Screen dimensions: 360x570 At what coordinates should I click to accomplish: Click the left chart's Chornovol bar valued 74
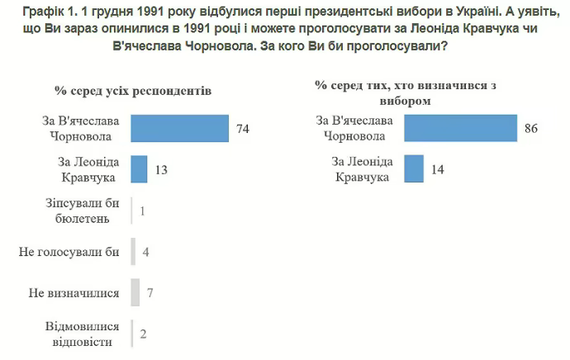[x=180, y=129]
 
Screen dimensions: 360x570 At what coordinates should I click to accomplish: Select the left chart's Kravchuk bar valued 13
[x=139, y=169]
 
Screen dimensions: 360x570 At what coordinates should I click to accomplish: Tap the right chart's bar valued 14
[x=414, y=169]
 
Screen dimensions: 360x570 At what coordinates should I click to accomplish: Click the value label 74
[x=242, y=130]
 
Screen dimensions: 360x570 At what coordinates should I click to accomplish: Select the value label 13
[x=162, y=170]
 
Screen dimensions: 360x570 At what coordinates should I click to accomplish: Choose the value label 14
[x=437, y=170]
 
